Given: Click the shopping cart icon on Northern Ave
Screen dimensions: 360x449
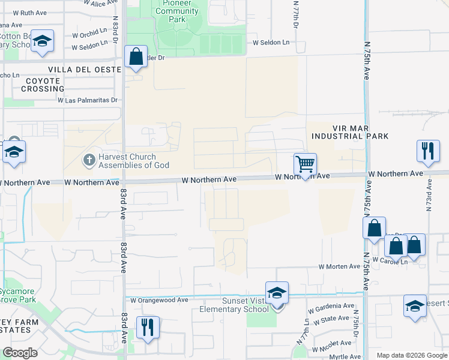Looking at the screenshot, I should [x=305, y=164].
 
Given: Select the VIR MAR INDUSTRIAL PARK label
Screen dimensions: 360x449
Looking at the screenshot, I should [x=350, y=132].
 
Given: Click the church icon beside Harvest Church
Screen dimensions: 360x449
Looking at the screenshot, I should [x=88, y=160].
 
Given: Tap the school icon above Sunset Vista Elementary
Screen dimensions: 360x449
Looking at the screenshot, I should [x=277, y=293].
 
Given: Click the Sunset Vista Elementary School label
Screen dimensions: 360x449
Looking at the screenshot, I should [x=234, y=305].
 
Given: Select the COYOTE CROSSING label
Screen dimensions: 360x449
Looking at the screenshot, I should [x=43, y=85].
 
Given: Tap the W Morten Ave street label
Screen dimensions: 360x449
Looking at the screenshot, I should [x=339, y=266].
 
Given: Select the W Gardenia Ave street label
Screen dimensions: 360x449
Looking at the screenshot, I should [x=331, y=306].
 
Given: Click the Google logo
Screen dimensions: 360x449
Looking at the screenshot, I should [x=20, y=353].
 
